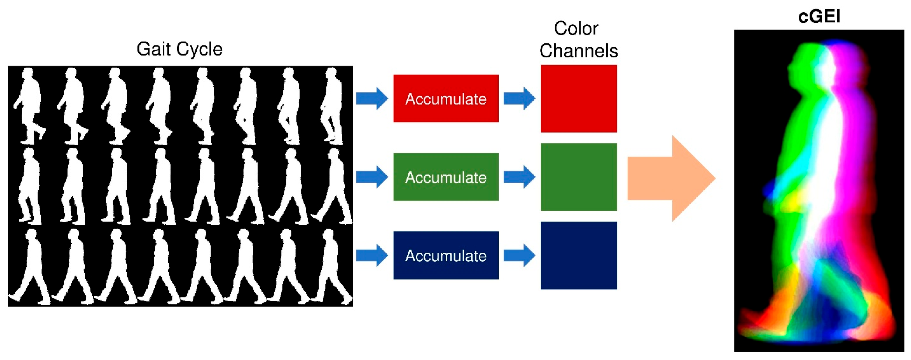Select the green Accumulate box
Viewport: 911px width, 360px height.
point(446,177)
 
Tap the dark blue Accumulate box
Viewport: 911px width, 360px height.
point(446,255)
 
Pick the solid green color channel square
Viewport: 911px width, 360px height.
point(579,177)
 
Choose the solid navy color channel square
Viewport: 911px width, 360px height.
point(579,255)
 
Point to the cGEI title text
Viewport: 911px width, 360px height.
point(819,16)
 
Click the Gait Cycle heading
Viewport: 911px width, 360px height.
point(179,49)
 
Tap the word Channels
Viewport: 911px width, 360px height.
point(579,51)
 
